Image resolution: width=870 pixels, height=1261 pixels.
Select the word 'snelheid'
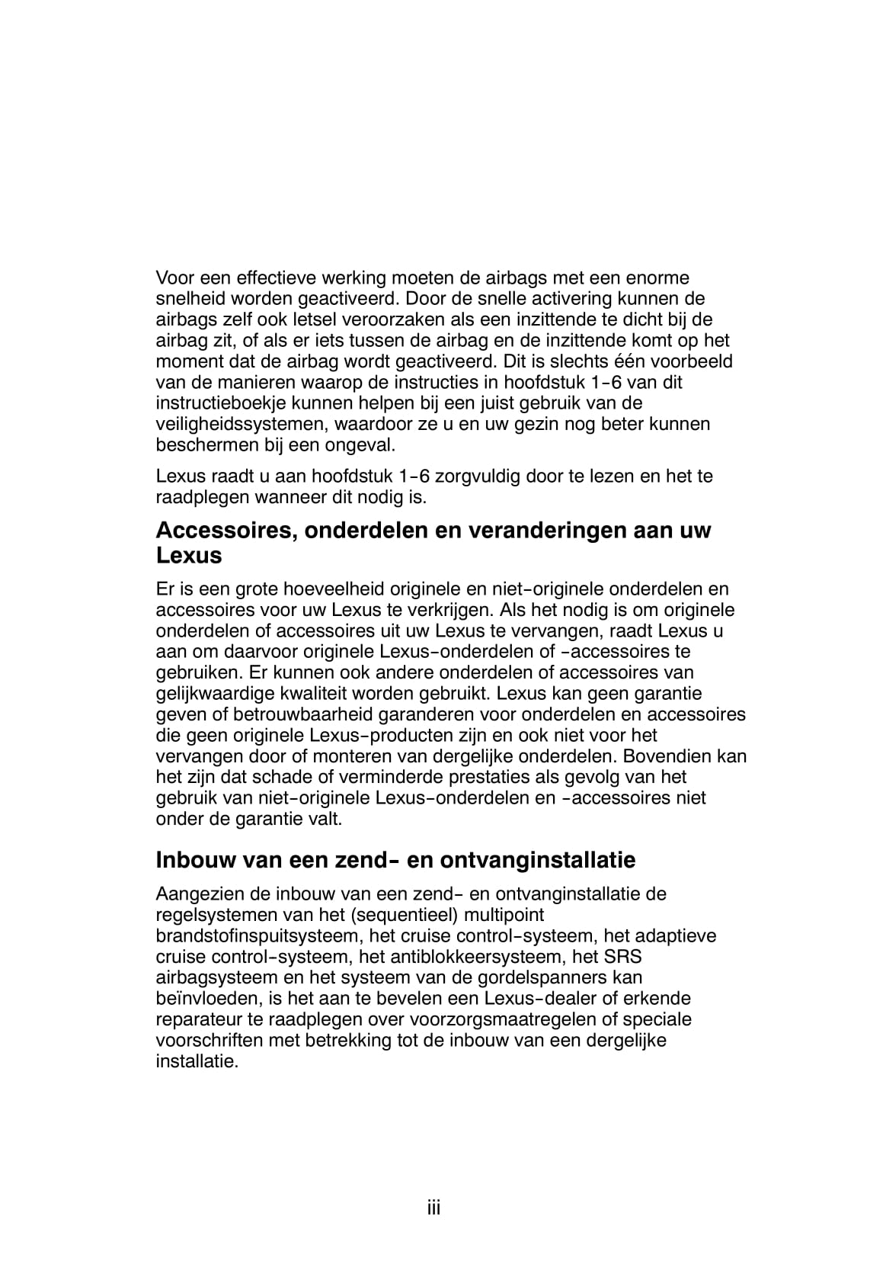(187, 298)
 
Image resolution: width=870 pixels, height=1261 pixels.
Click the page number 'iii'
(434, 1208)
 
